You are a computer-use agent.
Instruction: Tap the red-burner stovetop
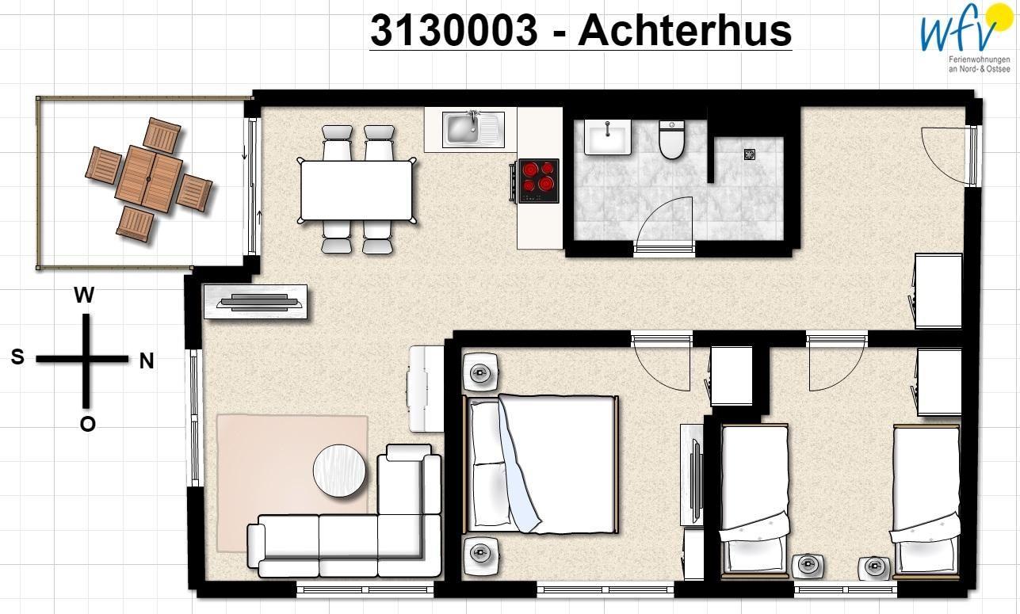(x=539, y=181)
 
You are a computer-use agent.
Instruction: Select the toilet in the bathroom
(x=671, y=139)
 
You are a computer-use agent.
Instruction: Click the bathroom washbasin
(x=607, y=136)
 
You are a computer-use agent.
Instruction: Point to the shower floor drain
(x=750, y=154)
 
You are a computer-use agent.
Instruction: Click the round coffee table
(x=339, y=471)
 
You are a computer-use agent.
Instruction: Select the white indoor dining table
(x=357, y=190)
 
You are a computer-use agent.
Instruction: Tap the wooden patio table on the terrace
(x=148, y=179)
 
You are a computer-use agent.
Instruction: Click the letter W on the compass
(x=84, y=295)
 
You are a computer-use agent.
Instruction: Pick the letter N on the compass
(x=146, y=361)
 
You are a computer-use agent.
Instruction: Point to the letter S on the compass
(x=17, y=357)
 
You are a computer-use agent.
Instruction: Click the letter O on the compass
(x=87, y=424)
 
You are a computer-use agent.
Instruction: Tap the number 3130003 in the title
(x=454, y=30)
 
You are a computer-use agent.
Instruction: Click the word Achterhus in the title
(x=685, y=30)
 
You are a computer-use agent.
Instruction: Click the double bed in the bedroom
(x=541, y=463)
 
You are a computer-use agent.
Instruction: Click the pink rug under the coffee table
(x=292, y=483)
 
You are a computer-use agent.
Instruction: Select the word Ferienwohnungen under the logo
(x=979, y=59)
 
